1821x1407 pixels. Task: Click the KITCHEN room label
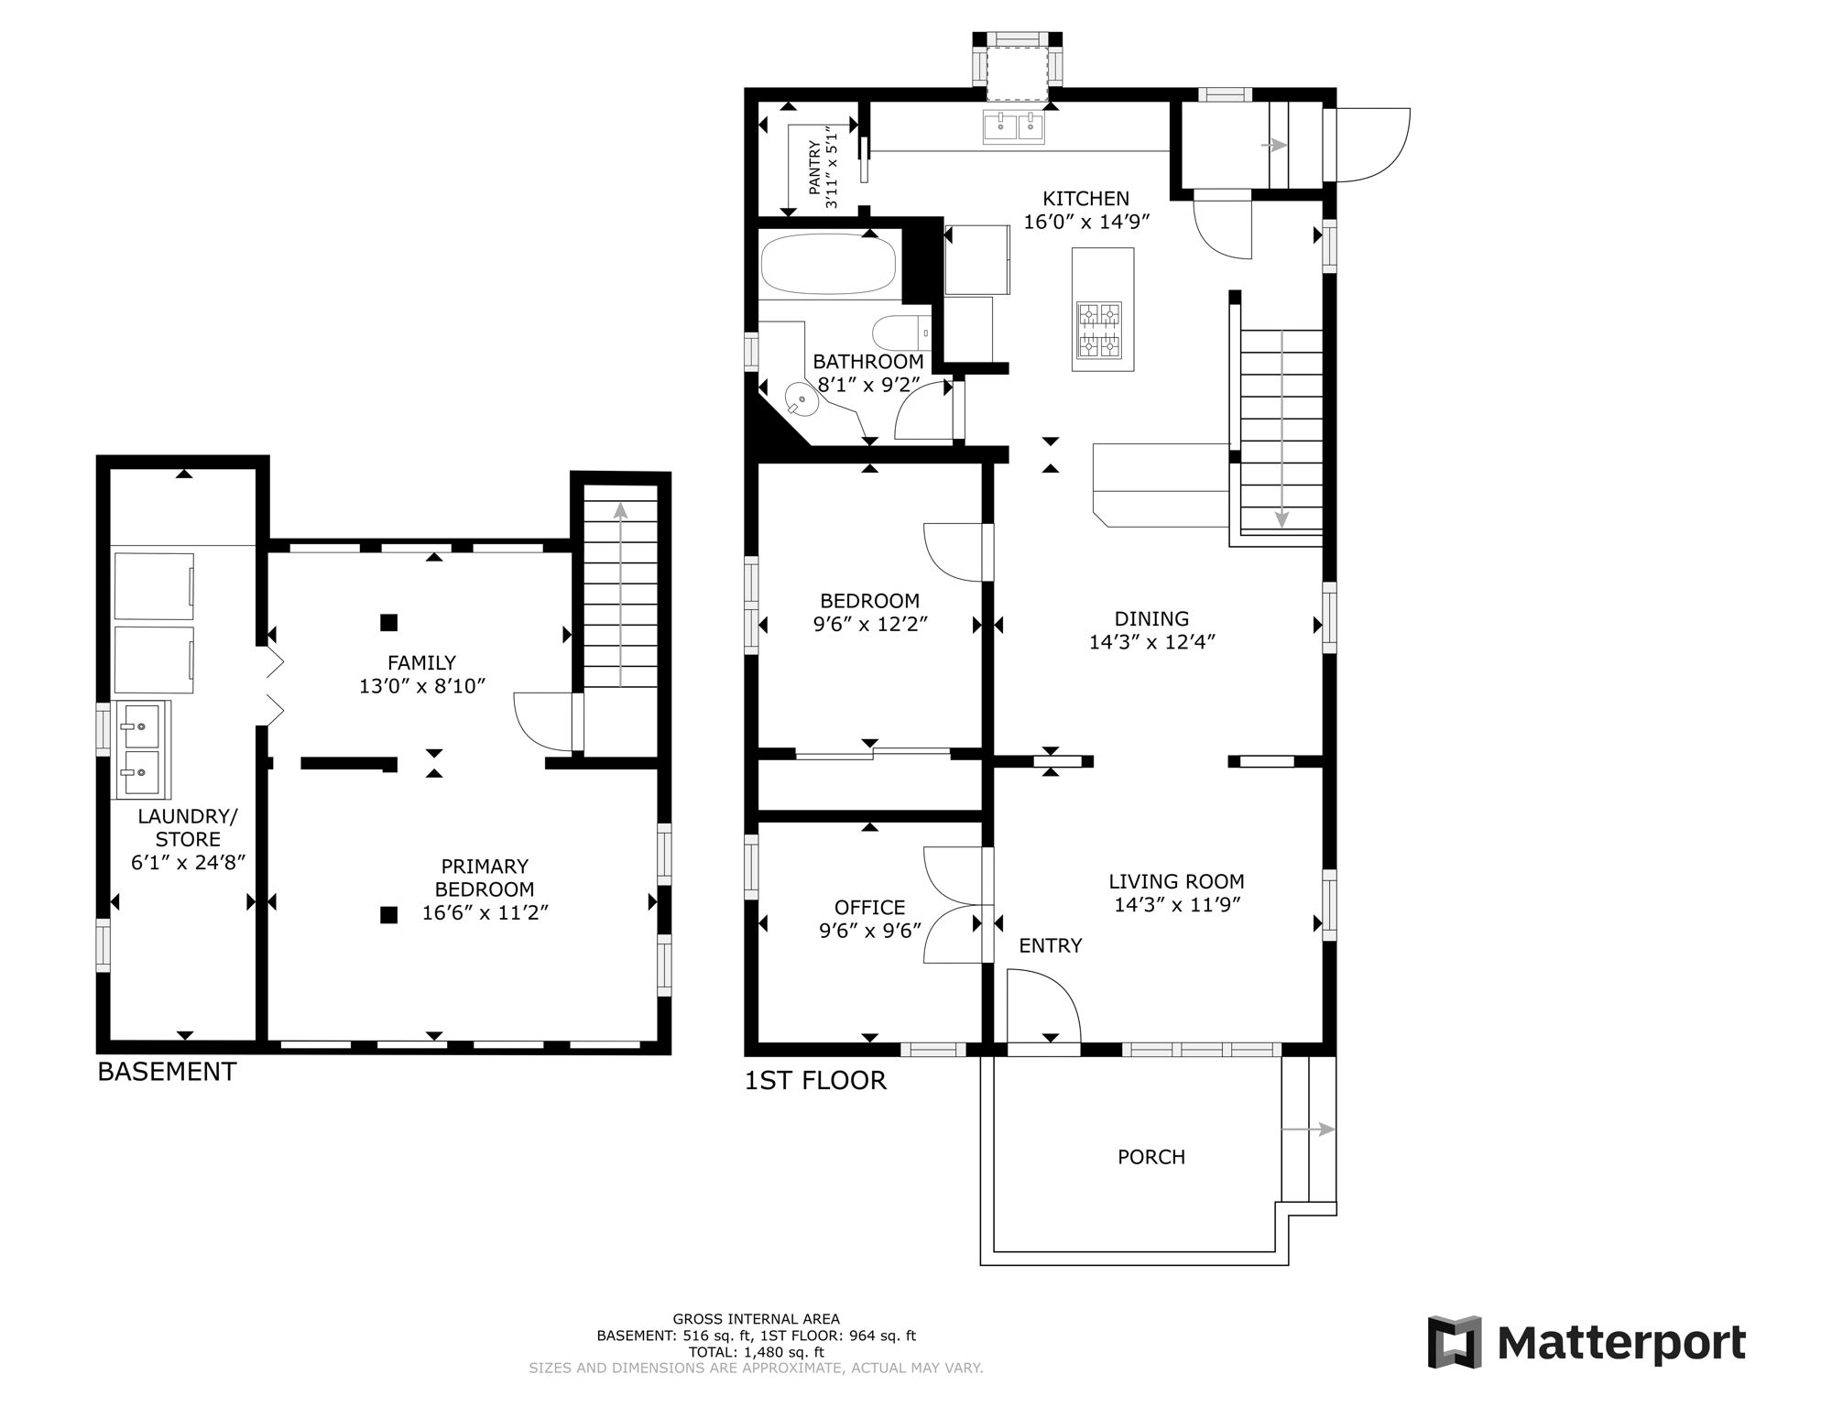(1085, 199)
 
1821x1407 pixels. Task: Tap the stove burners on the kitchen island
(1102, 330)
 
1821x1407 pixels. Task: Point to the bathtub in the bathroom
(828, 262)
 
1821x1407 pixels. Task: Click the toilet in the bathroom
(900, 333)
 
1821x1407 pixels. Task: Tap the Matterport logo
(1587, 1343)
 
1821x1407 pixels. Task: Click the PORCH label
(1150, 1157)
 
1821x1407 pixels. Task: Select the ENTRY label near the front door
(1050, 945)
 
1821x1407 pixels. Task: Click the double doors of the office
(954, 905)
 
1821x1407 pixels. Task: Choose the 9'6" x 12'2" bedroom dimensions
(870, 625)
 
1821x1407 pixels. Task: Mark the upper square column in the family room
(388, 623)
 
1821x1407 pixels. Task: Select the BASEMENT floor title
(167, 1072)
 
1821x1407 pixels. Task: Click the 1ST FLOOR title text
(815, 1081)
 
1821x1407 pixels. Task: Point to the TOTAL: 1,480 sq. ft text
(756, 1352)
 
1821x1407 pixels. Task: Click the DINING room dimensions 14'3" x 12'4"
(1151, 642)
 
